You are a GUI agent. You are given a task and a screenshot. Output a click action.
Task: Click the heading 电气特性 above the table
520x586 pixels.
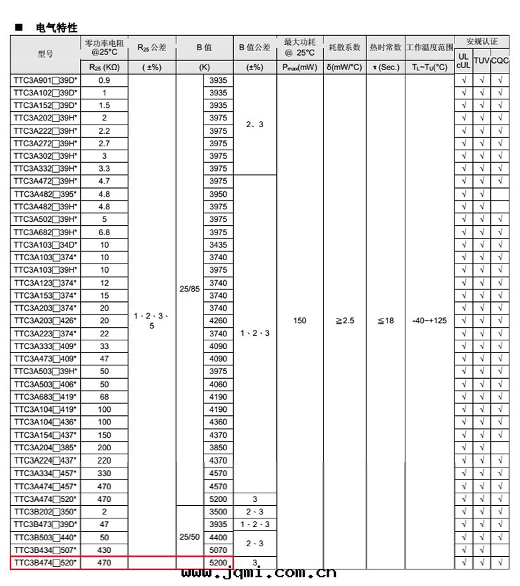[57, 28]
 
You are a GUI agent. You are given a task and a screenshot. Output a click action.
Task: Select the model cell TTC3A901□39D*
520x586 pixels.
[45, 80]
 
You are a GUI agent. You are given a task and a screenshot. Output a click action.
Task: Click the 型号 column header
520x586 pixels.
[45, 54]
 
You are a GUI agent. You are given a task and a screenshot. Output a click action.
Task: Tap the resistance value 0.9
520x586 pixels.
[104, 80]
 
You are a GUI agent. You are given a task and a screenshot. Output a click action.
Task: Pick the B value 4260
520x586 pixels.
[218, 320]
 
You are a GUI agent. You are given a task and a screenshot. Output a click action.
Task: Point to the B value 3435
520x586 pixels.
[218, 244]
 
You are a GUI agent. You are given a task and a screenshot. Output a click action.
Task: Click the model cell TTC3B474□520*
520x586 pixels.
[45, 562]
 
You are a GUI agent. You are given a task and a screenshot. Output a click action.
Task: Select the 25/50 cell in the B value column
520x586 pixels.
[189, 536]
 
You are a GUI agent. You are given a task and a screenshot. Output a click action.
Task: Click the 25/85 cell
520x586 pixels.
[189, 289]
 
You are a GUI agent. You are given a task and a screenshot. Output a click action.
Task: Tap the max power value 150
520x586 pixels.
[299, 320]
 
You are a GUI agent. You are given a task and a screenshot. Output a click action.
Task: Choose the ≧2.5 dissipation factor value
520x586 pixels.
[344, 320]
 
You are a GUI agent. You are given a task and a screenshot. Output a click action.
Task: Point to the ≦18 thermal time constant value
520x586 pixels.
[385, 320]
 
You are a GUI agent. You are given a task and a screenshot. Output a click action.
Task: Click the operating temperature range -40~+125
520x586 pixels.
[429, 320]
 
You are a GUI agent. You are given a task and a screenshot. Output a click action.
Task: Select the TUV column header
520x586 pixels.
[482, 60]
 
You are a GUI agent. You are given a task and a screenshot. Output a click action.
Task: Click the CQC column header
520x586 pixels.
[500, 60]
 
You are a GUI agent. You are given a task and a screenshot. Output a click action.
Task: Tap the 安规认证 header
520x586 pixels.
[482, 41]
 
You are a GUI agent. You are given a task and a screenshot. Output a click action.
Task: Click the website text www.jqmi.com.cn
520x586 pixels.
[258, 573]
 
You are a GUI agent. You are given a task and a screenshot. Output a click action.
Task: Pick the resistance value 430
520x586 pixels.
[104, 550]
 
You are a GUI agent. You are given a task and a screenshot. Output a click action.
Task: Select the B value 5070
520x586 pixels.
[218, 550]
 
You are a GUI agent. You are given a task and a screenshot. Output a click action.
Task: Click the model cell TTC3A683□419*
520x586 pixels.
[45, 397]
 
